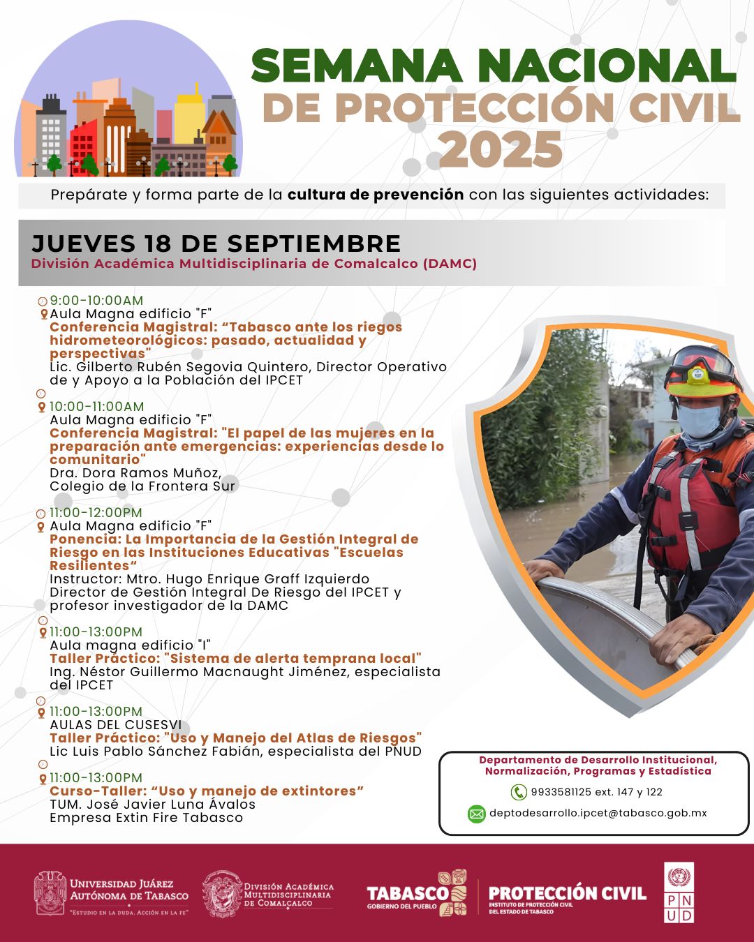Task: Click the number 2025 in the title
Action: point(501,149)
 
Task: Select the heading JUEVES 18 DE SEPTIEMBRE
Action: point(216,244)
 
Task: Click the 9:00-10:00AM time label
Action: point(96,301)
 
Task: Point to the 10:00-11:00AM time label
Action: point(96,406)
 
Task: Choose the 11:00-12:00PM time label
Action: point(96,512)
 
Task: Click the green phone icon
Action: point(519,792)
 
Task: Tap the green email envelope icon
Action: point(476,814)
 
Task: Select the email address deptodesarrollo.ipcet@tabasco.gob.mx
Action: point(598,813)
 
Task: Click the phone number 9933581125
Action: point(561,792)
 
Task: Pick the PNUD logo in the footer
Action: point(679,893)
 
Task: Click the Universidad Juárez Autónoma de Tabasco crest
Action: point(50,893)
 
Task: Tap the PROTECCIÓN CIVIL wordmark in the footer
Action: point(568,893)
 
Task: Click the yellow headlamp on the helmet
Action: point(699,375)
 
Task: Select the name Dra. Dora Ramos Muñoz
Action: point(135,473)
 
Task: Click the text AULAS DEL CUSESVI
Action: point(115,725)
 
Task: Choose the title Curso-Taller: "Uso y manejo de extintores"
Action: point(207,791)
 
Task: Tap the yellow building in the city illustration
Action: point(189,119)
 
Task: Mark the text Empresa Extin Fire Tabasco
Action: point(146,818)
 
